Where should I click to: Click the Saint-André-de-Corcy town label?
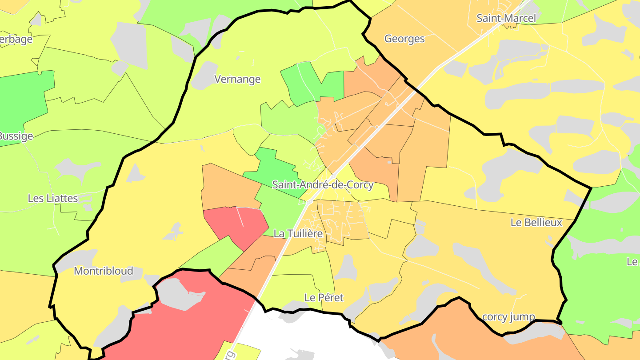323,184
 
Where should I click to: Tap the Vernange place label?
237,80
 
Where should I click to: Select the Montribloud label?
103,271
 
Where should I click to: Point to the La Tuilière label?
297,233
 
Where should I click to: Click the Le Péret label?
324,298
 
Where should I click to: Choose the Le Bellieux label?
536,223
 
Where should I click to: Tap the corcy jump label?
508,317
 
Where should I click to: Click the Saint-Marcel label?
506,18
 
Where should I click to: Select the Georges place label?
404,39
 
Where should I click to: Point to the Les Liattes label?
53,198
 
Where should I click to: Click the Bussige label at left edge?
16,136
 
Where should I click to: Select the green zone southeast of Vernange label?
311,84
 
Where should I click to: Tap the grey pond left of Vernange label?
204,76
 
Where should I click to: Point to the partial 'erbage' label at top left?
16,39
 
